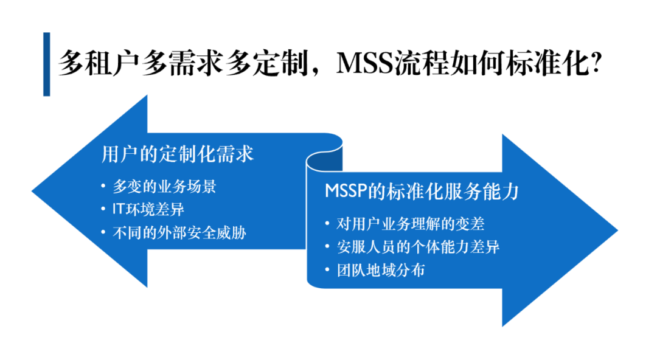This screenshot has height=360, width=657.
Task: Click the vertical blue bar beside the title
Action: pos(46,64)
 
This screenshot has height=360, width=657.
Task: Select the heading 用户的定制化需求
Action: pos(177,154)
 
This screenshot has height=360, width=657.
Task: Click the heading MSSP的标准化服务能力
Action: pos(422,191)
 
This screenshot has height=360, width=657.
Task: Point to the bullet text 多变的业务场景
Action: pos(164,187)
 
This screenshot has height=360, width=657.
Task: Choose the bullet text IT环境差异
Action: pos(148,209)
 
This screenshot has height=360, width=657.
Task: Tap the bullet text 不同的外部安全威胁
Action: pos(179,232)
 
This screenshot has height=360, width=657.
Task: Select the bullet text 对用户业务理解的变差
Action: pos(411,224)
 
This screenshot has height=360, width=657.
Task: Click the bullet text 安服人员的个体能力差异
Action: pos(418,247)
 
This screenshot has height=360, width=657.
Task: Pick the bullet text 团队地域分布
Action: pos(381,270)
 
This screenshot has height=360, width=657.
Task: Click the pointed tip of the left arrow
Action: pos(32,192)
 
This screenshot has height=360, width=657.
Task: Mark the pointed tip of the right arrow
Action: pos(617,230)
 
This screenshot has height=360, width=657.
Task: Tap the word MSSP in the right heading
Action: pos(346,191)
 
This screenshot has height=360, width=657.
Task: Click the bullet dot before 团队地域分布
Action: pos(327,271)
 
